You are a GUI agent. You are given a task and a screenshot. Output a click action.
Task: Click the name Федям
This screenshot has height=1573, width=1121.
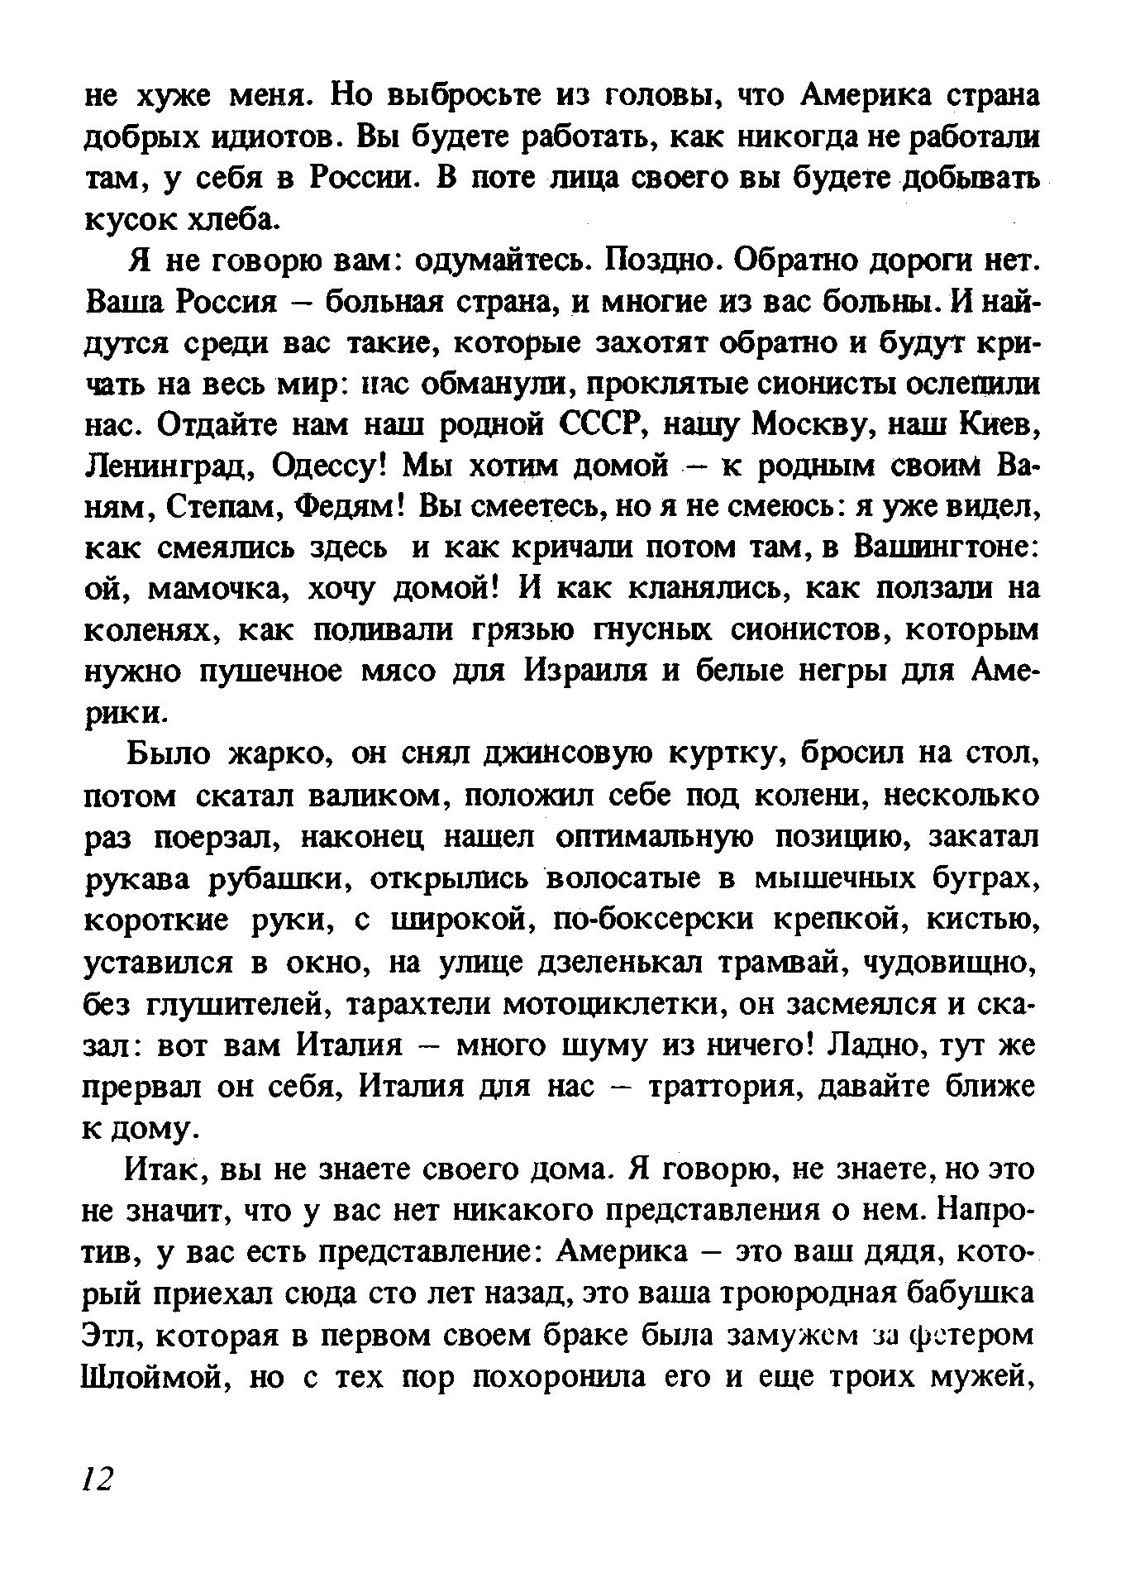pyautogui.click(x=348, y=508)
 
